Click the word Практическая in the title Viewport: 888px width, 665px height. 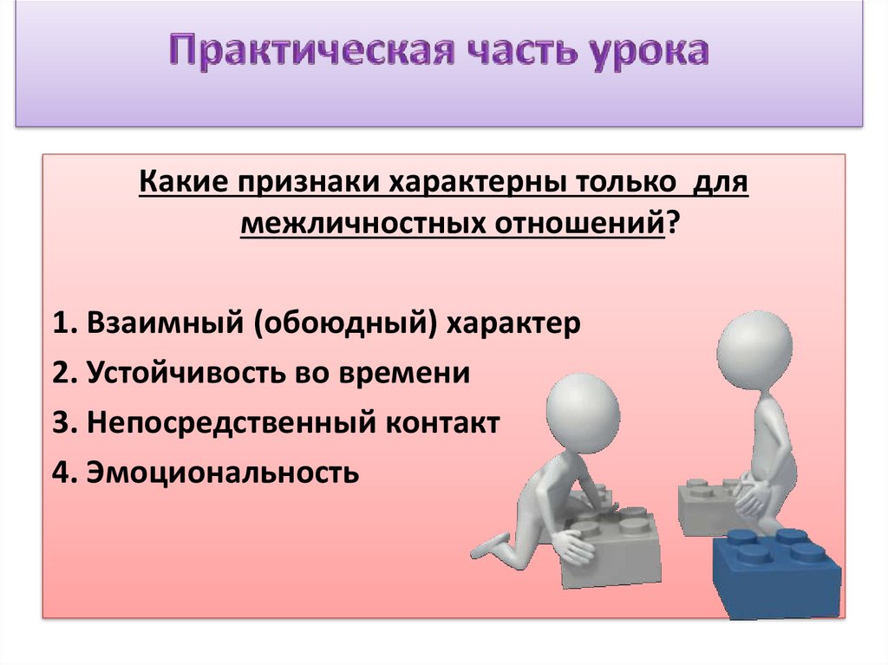click(312, 52)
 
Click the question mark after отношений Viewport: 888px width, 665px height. click(672, 223)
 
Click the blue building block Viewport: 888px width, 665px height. click(777, 572)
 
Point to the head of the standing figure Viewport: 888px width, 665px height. click(754, 349)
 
